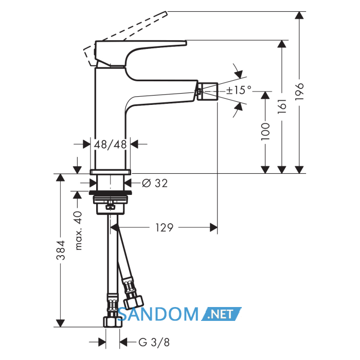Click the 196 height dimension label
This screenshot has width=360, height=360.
300,92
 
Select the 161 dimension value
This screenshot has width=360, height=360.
282,106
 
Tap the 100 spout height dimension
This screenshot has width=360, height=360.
266,131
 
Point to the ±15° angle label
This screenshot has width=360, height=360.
239,90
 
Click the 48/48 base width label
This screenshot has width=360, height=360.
111,145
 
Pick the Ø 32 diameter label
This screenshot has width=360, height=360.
155,183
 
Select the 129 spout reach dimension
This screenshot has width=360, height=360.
164,227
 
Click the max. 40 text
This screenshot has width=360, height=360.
79,230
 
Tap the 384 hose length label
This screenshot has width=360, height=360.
61,250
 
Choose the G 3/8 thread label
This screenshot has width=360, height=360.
154,343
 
